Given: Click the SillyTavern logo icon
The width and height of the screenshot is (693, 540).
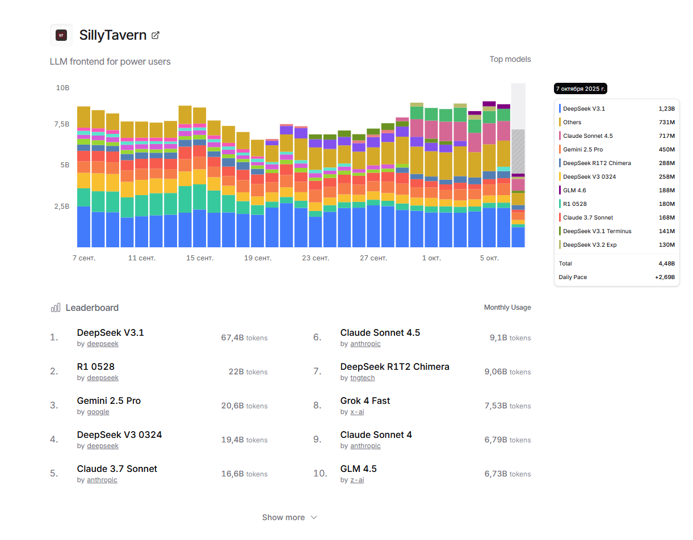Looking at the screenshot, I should [61, 35].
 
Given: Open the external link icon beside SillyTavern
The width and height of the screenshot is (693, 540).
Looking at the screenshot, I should [156, 35].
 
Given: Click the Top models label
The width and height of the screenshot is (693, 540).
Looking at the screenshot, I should [510, 59].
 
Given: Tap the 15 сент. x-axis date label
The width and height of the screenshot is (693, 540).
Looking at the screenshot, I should [200, 258].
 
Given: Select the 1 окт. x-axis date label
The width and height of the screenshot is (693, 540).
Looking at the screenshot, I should [431, 258].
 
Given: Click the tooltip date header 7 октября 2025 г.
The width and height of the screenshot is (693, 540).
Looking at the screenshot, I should [581, 89].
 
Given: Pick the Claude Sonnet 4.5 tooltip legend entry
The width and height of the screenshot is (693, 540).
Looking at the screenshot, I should [587, 136].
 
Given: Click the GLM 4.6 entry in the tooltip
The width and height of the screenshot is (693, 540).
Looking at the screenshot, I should [574, 191].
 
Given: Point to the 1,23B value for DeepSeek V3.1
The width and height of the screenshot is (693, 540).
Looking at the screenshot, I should [666, 109].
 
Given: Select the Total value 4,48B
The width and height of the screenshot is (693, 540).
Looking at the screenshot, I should [666, 264].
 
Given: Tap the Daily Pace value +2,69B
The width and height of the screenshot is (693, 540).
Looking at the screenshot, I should [665, 277].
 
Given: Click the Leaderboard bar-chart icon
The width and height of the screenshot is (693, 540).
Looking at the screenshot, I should [56, 308].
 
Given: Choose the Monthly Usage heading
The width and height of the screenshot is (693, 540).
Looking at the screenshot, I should [507, 307].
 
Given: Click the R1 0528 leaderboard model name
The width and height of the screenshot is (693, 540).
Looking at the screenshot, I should [96, 366].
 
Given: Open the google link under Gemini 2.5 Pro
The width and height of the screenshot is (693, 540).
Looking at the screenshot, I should [98, 412].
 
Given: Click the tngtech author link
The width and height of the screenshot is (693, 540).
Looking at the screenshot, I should [362, 378].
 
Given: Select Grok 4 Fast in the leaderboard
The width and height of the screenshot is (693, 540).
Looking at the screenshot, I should [365, 400].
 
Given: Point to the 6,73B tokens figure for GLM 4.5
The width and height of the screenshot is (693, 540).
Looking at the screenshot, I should [507, 474].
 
